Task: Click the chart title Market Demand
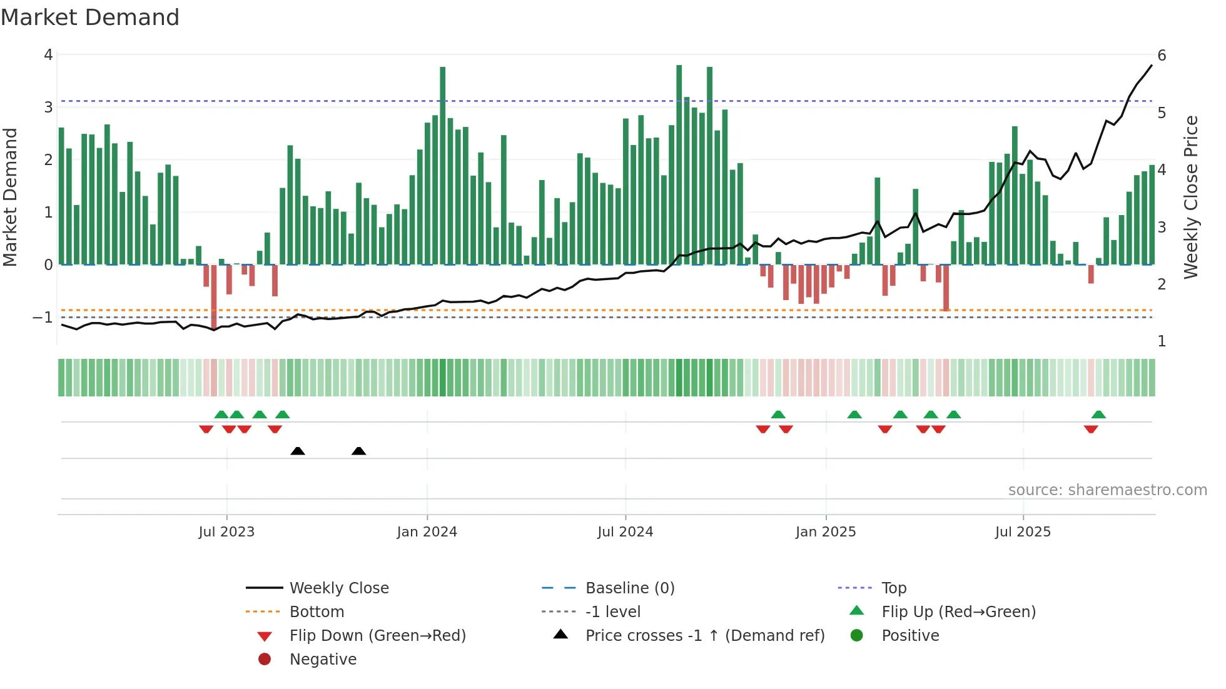click(90, 18)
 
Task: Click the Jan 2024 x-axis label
click(427, 532)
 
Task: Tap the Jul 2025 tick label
click(1023, 532)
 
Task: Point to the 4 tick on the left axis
click(48, 55)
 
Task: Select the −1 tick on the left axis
click(43, 318)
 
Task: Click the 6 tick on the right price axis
click(1162, 56)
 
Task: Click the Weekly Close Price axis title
click(1191, 197)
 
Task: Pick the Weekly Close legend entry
click(338, 588)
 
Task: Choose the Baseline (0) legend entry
click(629, 588)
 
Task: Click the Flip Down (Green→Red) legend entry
click(377, 636)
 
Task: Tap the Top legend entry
click(893, 588)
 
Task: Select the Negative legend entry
click(323, 660)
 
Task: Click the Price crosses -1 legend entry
click(704, 636)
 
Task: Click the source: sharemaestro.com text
click(1107, 490)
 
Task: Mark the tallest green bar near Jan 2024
click(443, 165)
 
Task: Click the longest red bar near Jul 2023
click(214, 297)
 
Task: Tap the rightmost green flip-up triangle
click(1098, 415)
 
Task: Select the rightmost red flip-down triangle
click(1091, 429)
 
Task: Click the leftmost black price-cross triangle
click(298, 451)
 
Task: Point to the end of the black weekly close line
click(1152, 66)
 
